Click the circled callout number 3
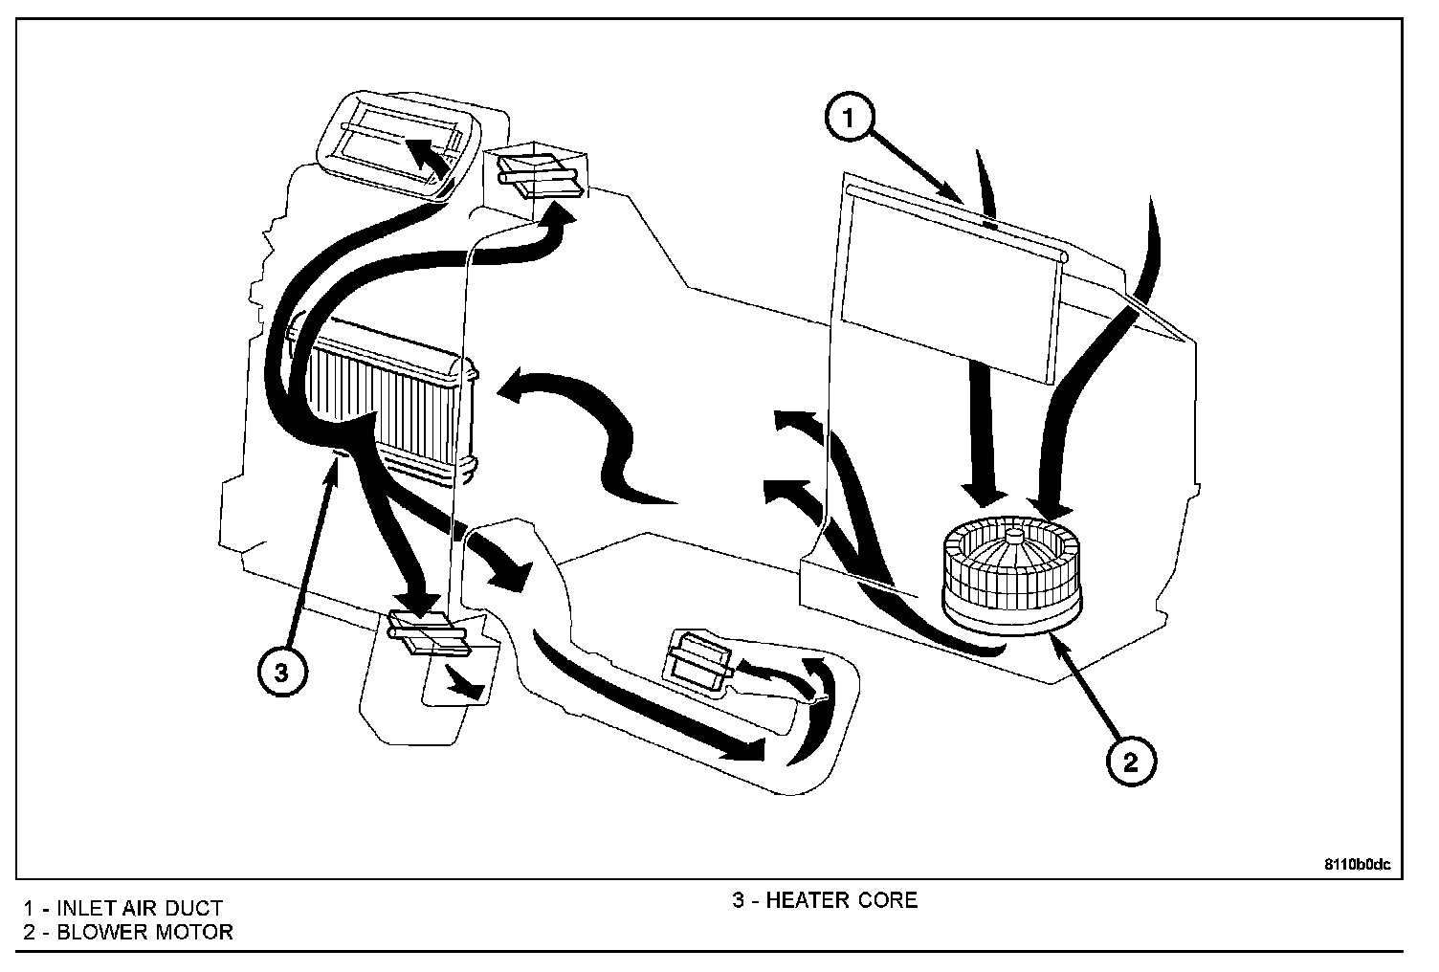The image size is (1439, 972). pos(280,673)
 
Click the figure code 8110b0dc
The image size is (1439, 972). pos(1357,864)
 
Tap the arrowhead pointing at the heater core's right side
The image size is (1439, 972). pos(508,390)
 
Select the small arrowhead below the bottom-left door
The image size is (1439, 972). pos(466,683)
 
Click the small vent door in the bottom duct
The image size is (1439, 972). pos(697,659)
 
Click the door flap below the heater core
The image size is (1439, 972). pos(426,632)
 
